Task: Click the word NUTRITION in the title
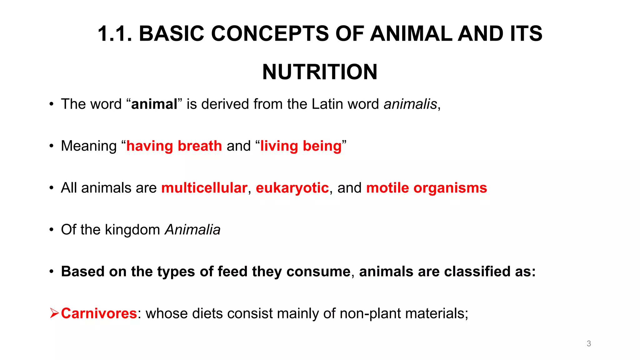click(320, 72)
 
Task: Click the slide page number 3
click(589, 343)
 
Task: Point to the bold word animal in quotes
click(154, 104)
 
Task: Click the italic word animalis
click(410, 104)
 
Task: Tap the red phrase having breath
click(174, 146)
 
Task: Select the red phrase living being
click(301, 146)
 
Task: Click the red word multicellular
click(204, 188)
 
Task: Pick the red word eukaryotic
click(292, 188)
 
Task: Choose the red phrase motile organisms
click(426, 188)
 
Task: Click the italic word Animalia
click(192, 230)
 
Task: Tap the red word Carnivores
click(99, 313)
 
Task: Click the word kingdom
click(132, 230)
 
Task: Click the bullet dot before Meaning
click(51, 146)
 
